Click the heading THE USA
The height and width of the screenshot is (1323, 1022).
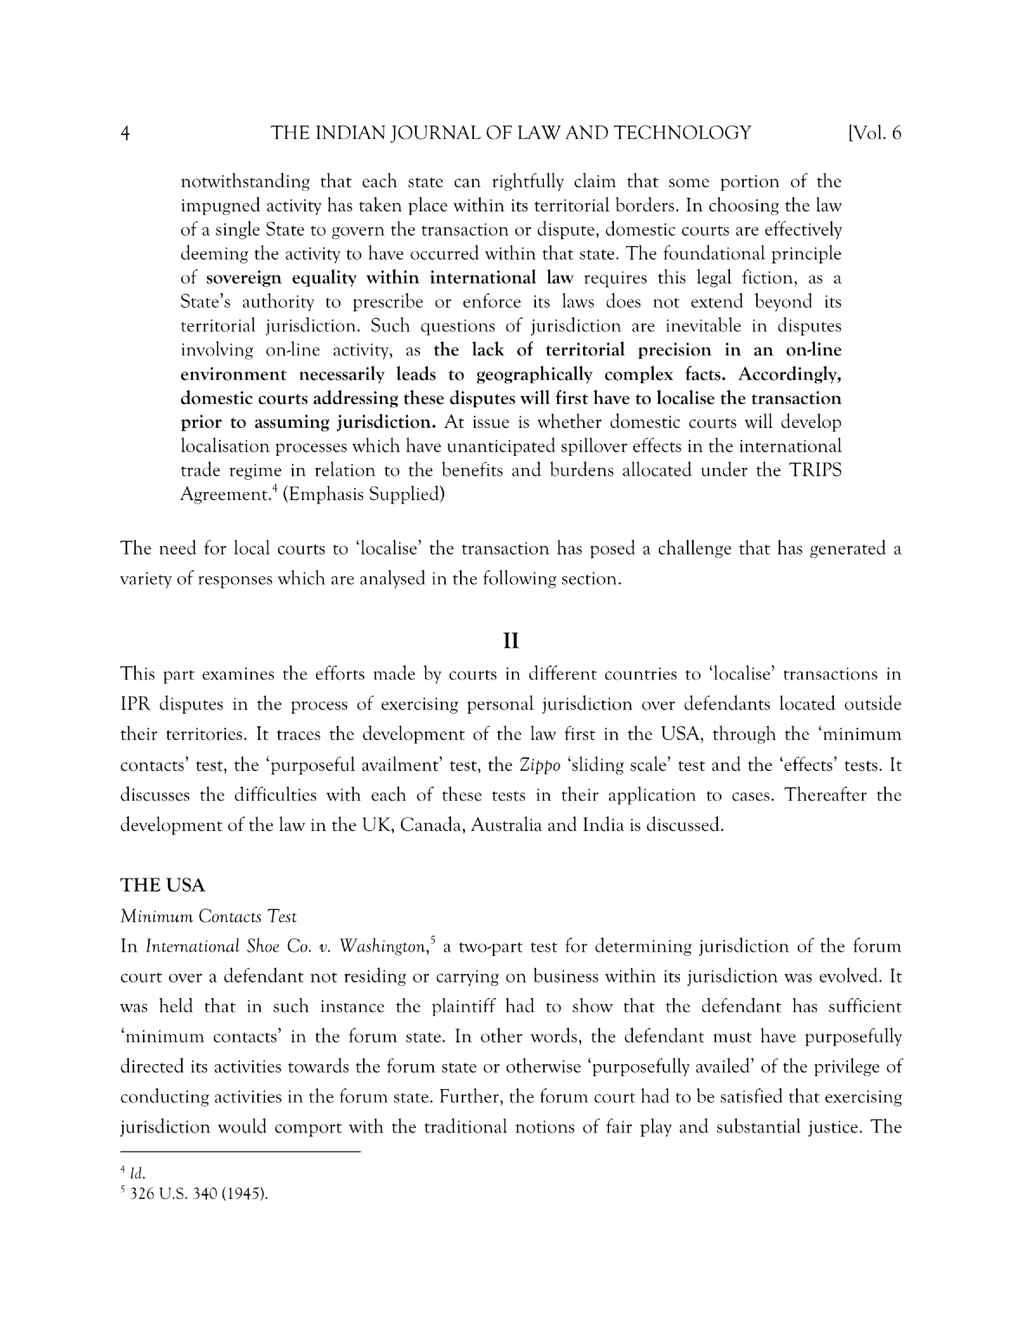(x=162, y=885)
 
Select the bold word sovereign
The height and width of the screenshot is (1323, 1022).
(x=244, y=278)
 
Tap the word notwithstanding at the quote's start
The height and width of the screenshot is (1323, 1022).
(x=245, y=182)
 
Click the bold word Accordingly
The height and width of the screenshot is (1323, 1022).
(x=790, y=374)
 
